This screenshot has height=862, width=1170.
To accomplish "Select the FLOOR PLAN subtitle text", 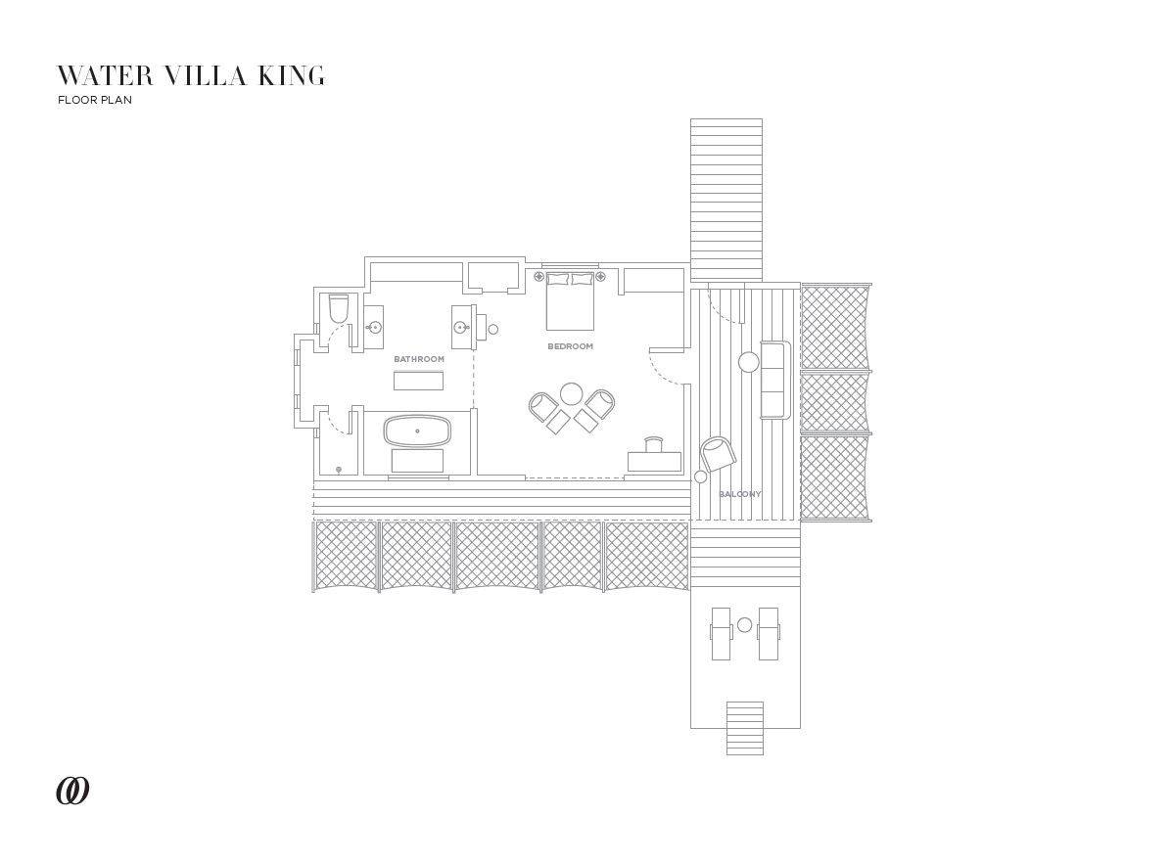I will point(94,100).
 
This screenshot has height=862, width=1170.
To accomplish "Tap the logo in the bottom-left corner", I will point(72,791).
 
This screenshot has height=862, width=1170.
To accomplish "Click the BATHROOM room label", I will point(419,359).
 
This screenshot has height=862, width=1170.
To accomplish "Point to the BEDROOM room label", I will point(570,346).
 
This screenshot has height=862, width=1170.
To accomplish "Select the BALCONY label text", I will point(740,494).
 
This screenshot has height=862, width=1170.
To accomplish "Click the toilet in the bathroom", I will point(339,309).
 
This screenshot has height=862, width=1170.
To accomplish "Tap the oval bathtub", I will point(417,431).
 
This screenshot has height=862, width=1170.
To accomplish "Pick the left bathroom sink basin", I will point(373,327).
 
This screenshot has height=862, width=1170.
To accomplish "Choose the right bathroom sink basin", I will point(460,327).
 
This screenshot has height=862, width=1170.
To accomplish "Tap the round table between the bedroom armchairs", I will point(572,394).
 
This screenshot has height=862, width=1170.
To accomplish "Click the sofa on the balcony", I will point(774,380).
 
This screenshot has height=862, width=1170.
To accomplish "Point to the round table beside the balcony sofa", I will point(748,363).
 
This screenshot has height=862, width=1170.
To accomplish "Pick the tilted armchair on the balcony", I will point(718,453).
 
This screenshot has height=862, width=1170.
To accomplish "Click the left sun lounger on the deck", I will point(721,633).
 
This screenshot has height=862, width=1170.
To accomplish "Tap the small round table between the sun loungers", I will point(745,624).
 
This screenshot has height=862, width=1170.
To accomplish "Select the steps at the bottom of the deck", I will point(745,728).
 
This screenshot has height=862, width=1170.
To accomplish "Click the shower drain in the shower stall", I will point(339,470).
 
